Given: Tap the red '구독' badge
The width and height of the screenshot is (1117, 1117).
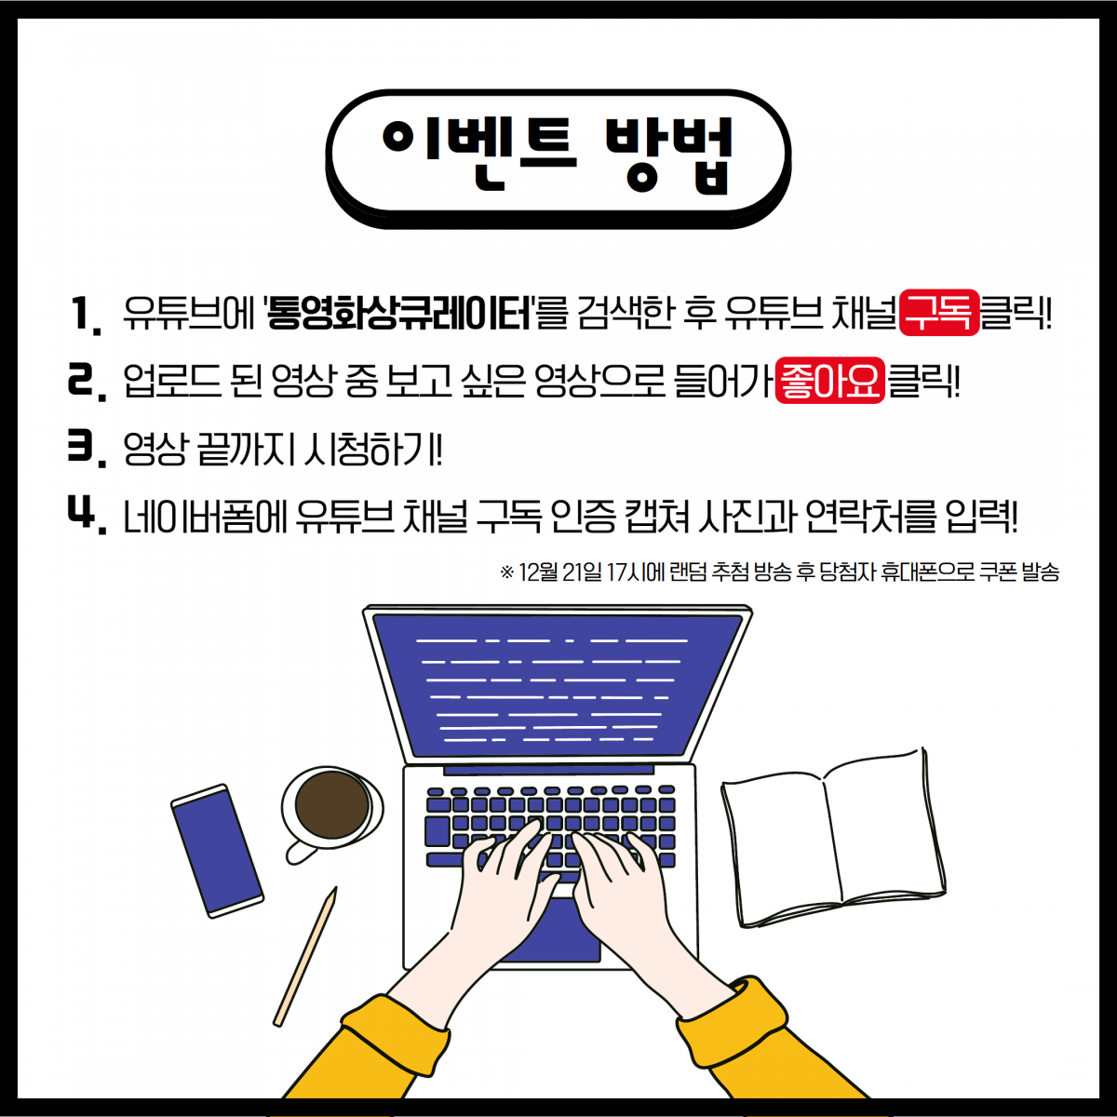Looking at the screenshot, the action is (939, 313).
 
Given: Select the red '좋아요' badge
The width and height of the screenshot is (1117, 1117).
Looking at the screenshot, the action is (830, 381).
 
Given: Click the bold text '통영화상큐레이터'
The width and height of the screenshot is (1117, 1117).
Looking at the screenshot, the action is (400, 313).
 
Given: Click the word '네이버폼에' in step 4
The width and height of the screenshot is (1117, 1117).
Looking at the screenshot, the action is (206, 516).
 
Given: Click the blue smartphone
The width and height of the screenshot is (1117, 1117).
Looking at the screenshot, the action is (218, 851).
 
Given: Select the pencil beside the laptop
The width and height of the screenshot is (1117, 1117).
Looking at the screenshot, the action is (305, 957).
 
